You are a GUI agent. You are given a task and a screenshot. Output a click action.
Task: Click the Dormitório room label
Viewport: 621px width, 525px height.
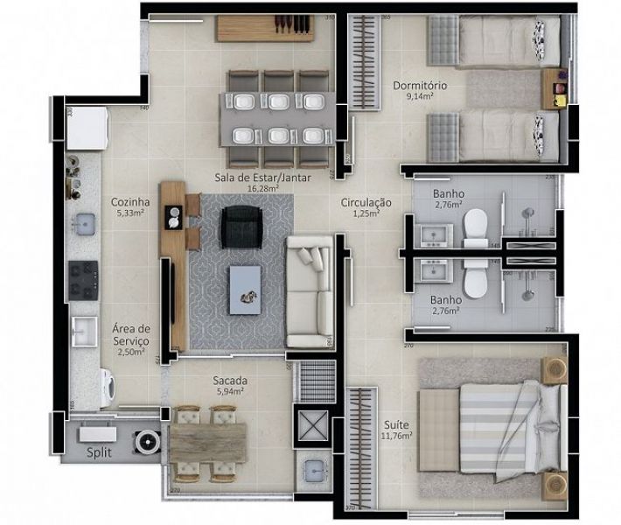(421, 86)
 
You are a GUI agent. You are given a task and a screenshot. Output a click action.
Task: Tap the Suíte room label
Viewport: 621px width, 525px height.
(395, 424)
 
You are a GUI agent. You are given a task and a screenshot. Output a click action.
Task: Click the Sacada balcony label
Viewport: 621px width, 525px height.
(230, 381)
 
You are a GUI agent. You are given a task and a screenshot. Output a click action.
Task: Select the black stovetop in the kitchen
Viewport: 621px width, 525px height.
(85, 278)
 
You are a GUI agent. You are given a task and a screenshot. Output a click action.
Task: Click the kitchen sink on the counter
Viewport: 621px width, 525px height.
(85, 224)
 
